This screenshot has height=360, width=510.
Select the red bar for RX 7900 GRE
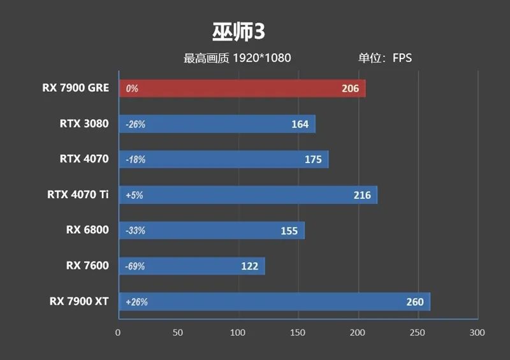[242, 89]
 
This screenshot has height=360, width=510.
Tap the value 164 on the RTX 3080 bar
[300, 124]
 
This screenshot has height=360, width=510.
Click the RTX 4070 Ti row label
[78, 194]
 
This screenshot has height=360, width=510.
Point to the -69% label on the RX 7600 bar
[135, 266]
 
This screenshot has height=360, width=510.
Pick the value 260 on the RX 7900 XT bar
[414, 302]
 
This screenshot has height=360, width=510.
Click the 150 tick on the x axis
[298, 333]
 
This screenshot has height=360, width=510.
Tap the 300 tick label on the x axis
[477, 333]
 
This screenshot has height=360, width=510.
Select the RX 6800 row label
[87, 230]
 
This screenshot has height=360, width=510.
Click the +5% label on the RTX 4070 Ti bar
[135, 195]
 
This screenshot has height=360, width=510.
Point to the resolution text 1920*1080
[261, 58]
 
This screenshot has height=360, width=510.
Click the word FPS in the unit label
[402, 58]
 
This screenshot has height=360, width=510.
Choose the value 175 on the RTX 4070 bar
[313, 159]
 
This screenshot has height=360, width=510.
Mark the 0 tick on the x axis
[118, 333]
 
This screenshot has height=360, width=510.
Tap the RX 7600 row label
[87, 266]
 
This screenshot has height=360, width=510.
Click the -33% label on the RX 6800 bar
[135, 231]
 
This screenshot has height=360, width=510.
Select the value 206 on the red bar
[350, 89]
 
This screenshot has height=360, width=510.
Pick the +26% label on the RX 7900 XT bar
[136, 302]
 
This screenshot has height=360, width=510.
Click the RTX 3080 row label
[84, 124]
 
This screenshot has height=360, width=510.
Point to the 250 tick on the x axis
[418, 333]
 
